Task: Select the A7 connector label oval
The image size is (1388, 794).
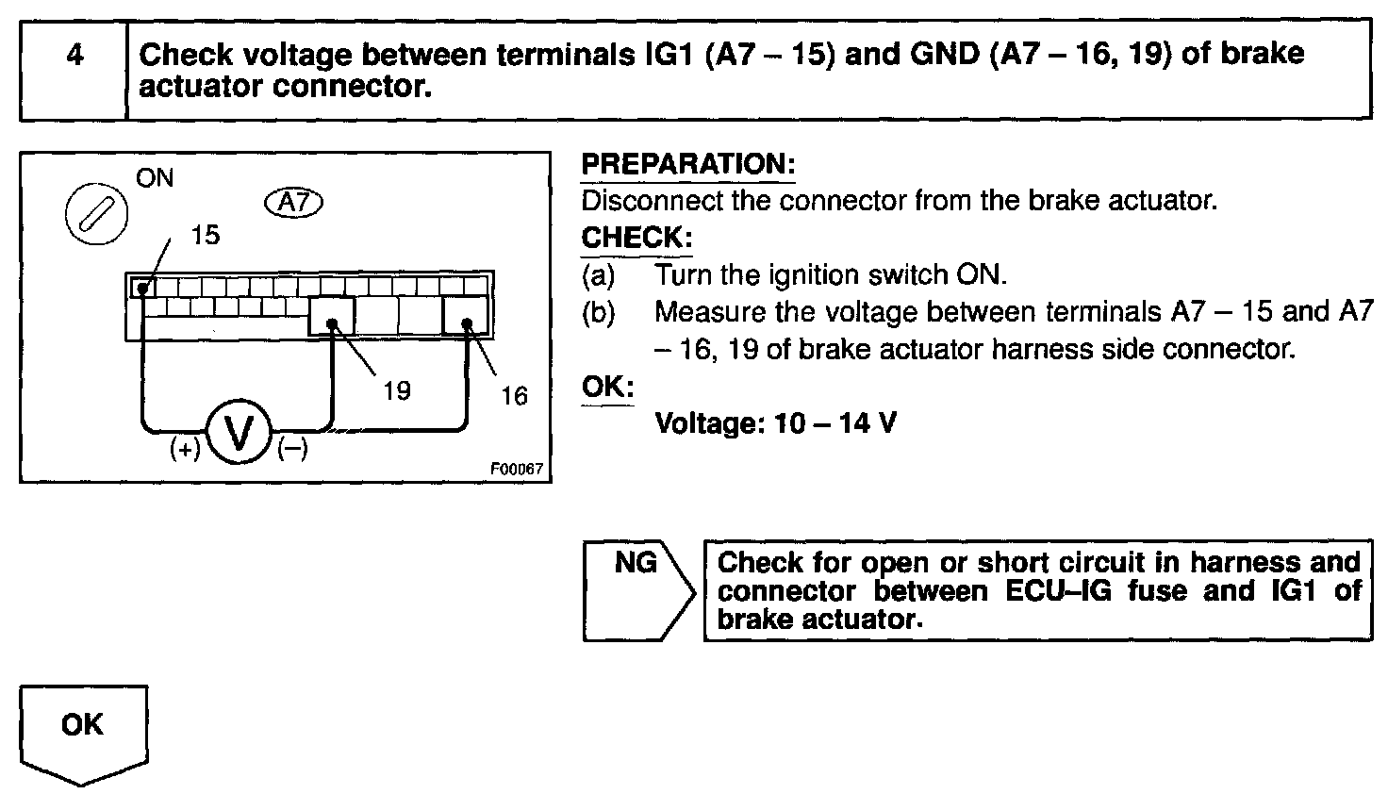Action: [x=295, y=202]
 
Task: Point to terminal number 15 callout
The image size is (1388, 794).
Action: [x=205, y=235]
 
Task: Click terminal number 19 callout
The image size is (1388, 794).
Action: [x=397, y=389]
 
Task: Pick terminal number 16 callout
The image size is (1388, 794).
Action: [x=514, y=395]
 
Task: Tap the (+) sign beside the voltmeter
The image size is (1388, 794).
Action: [x=186, y=450]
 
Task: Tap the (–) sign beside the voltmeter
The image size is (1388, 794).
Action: [x=292, y=450]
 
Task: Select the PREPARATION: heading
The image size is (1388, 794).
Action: [x=688, y=164]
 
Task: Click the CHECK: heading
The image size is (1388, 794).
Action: [x=636, y=238]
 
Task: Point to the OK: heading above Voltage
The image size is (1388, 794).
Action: [x=607, y=387]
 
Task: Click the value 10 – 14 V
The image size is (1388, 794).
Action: [x=834, y=423]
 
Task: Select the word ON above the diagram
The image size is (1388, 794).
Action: [x=155, y=178]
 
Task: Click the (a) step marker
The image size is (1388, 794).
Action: [x=598, y=275]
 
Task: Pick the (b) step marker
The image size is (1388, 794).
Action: [x=598, y=312]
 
